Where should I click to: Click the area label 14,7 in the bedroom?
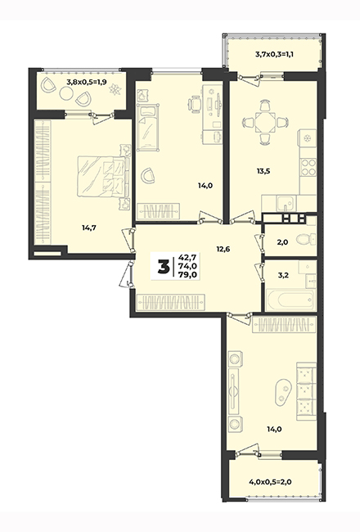[89, 228]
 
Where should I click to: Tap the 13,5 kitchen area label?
[263, 171]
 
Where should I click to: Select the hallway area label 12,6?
[223, 249]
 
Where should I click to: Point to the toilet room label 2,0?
[282, 242]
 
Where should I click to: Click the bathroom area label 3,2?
[283, 276]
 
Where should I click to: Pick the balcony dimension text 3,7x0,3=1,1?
[274, 53]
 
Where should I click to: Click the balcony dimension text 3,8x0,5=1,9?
[87, 81]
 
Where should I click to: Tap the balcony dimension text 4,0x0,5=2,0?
[271, 481]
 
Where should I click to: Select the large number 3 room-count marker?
[164, 267]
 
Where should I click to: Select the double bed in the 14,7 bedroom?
[104, 176]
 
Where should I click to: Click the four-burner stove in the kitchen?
[308, 167]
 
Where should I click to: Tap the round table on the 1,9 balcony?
[66, 93]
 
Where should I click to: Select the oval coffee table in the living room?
[283, 393]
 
